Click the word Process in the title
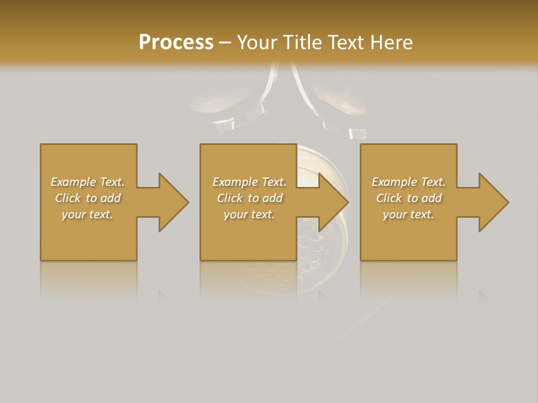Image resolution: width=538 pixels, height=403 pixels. coord(176,43)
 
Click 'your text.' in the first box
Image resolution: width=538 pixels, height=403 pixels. coord(87,214)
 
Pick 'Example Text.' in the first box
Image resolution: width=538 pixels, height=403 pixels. coord(87,182)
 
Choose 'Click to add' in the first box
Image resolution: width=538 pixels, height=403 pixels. coord(87,198)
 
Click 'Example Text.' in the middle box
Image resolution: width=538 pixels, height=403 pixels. coord(249,182)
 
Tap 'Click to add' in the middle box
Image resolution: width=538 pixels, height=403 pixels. coord(249,198)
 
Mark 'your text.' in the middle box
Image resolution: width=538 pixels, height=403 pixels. coord(249,214)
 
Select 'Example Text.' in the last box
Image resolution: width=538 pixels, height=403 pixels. coord(409,182)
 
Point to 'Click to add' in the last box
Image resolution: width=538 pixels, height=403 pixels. coord(409,198)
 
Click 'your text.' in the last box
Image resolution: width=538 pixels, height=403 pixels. coord(409,214)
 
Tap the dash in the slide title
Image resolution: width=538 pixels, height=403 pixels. coord(225,43)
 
